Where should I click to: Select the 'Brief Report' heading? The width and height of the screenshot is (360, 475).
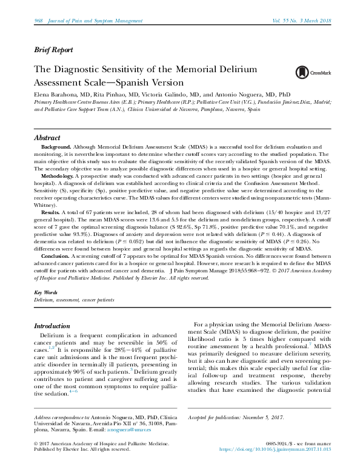(53, 50)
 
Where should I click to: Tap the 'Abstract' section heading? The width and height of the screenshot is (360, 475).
(47, 138)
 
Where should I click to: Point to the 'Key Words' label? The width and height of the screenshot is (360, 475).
(46, 292)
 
